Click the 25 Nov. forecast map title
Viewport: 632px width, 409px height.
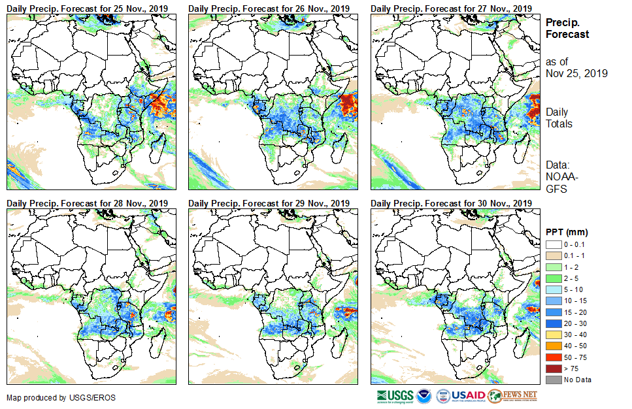click(x=88, y=8)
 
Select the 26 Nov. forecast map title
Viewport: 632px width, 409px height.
click(x=269, y=8)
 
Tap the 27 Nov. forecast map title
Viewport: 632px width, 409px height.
click(x=451, y=8)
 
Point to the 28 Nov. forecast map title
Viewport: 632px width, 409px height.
click(x=88, y=204)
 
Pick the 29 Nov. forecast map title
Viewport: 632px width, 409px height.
click(x=269, y=204)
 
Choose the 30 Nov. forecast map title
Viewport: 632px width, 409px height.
click(x=451, y=204)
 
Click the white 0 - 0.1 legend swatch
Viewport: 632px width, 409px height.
click(x=554, y=244)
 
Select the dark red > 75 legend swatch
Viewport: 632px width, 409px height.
click(x=554, y=369)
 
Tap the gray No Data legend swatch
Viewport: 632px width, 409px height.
click(x=554, y=380)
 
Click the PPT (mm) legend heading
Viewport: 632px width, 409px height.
click(x=567, y=232)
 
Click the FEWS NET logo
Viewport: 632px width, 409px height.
click(x=512, y=396)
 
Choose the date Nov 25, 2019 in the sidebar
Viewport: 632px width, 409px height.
click(x=576, y=73)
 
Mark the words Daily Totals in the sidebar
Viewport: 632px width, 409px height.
click(x=560, y=118)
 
